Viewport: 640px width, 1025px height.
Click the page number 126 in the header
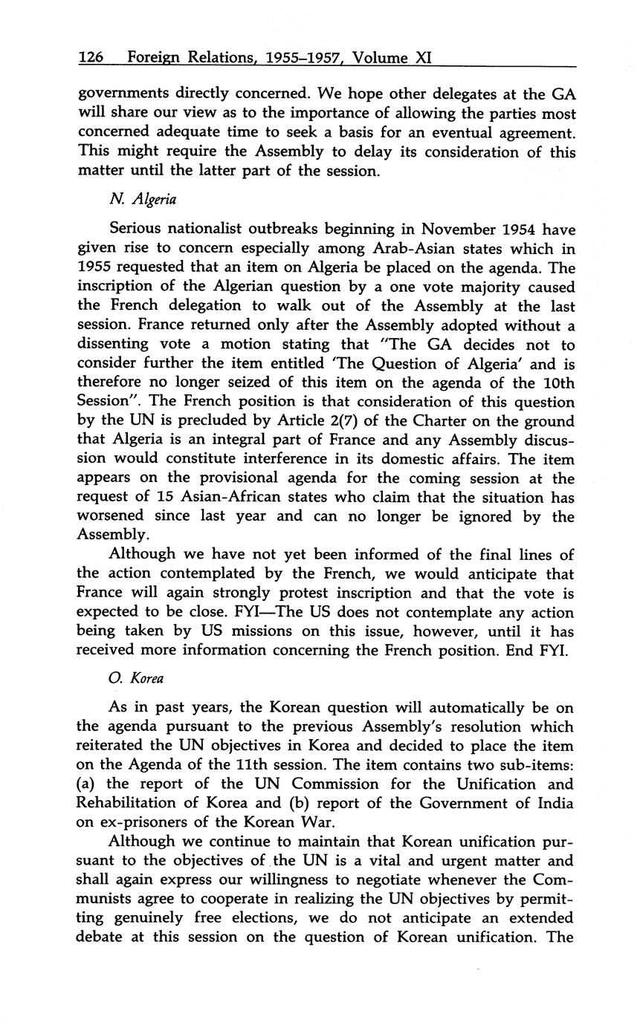[x=93, y=57]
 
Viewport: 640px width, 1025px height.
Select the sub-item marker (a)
[x=87, y=784]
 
